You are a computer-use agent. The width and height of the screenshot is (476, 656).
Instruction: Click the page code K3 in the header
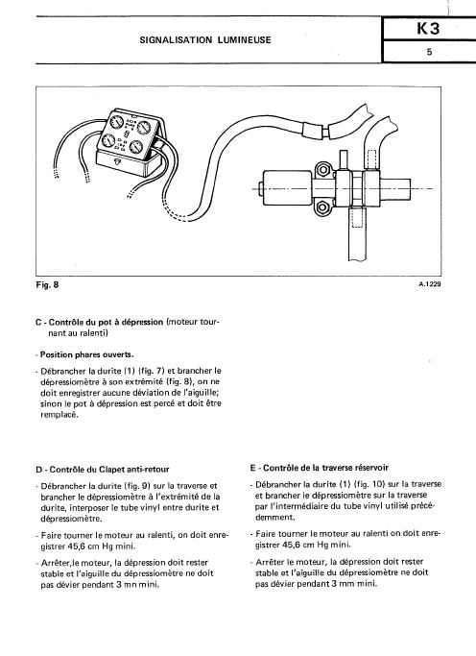(428, 29)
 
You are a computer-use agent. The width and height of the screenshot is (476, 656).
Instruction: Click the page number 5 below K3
(429, 52)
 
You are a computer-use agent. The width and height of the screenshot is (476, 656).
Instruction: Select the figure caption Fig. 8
(47, 285)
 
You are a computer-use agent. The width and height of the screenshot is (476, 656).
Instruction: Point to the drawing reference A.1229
(430, 284)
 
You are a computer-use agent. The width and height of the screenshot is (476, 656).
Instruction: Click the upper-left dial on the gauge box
(116, 122)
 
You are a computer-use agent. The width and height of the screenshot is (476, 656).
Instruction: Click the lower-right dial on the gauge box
(136, 147)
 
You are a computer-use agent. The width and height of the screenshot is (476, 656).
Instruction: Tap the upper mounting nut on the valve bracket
(322, 170)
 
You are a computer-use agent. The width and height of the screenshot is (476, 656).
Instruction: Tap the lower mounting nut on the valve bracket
(322, 207)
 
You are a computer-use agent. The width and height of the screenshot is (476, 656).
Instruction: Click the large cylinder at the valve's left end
(288, 188)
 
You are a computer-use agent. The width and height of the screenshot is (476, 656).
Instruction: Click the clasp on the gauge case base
(116, 161)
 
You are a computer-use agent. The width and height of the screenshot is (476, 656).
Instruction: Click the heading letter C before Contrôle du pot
(38, 323)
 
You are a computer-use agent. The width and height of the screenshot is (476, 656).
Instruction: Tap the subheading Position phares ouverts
(87, 354)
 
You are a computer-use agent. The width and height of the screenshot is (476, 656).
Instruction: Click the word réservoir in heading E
(372, 468)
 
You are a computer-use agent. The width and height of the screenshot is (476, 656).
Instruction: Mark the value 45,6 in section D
(75, 547)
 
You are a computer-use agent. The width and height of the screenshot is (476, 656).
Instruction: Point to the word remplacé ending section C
(59, 415)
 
